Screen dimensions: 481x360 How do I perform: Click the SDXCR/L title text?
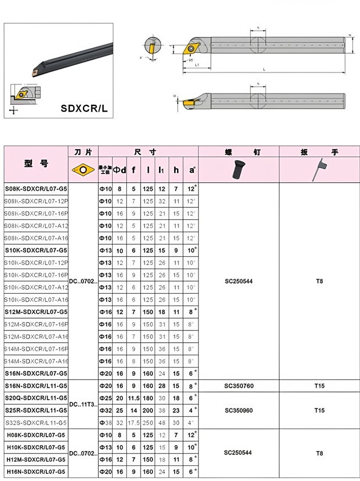click(x=84, y=108)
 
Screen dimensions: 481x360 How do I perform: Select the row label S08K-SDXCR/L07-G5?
click(x=36, y=189)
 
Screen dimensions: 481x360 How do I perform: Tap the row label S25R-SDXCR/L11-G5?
click(x=36, y=410)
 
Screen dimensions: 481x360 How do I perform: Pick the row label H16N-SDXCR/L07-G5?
click(x=36, y=472)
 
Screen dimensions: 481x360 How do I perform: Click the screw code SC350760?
click(x=239, y=386)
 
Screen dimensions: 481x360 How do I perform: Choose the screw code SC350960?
click(x=239, y=410)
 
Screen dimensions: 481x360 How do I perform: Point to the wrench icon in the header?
click(x=320, y=170)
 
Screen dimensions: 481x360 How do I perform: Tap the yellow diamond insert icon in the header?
click(x=83, y=169)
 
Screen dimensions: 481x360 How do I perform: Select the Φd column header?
click(x=120, y=170)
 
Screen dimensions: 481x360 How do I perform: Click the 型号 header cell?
click(x=36, y=164)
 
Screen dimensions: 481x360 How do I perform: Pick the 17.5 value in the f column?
click(x=134, y=423)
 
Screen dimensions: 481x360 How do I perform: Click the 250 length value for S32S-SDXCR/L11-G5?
click(x=148, y=423)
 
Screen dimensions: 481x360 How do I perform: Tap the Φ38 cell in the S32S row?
click(x=105, y=423)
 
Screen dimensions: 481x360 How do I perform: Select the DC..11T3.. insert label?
click(x=83, y=404)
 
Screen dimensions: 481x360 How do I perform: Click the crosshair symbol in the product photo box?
click(x=13, y=110)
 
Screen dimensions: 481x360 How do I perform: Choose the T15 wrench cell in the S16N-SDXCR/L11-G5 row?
click(x=319, y=386)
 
